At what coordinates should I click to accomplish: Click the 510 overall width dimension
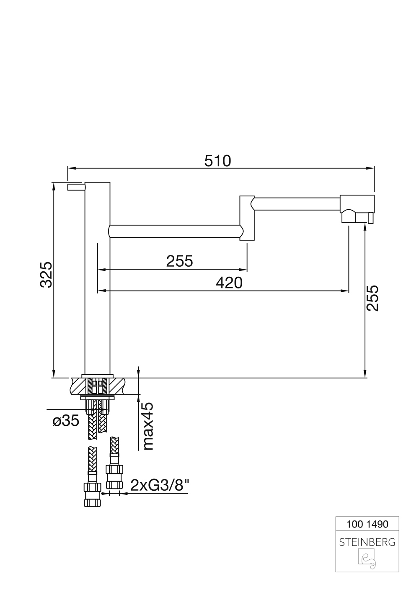217,161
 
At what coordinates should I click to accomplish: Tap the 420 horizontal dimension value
229,283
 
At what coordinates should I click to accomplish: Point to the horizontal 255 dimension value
179,261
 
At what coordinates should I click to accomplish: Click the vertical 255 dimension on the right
372,298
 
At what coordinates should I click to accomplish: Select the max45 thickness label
147,426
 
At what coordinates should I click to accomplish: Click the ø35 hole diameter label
66,421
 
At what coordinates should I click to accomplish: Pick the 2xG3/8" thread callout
160,485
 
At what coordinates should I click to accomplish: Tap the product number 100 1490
367,524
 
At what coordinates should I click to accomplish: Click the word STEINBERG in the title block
367,542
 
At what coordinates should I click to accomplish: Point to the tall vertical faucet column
97,293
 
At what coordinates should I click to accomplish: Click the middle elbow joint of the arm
247,218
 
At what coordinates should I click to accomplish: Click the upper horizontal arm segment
297,204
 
